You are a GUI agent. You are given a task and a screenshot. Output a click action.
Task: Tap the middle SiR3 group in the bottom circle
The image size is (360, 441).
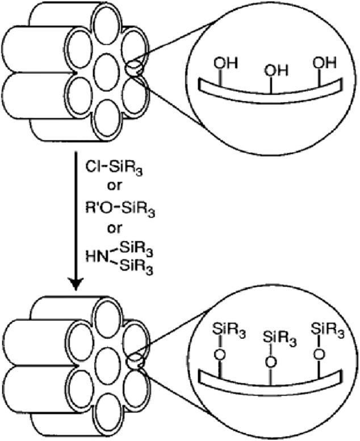click(275, 338)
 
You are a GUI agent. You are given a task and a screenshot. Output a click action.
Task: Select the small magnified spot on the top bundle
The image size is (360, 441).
click(133, 69)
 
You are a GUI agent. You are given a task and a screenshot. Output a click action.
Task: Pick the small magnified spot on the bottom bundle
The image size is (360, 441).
click(134, 359)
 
